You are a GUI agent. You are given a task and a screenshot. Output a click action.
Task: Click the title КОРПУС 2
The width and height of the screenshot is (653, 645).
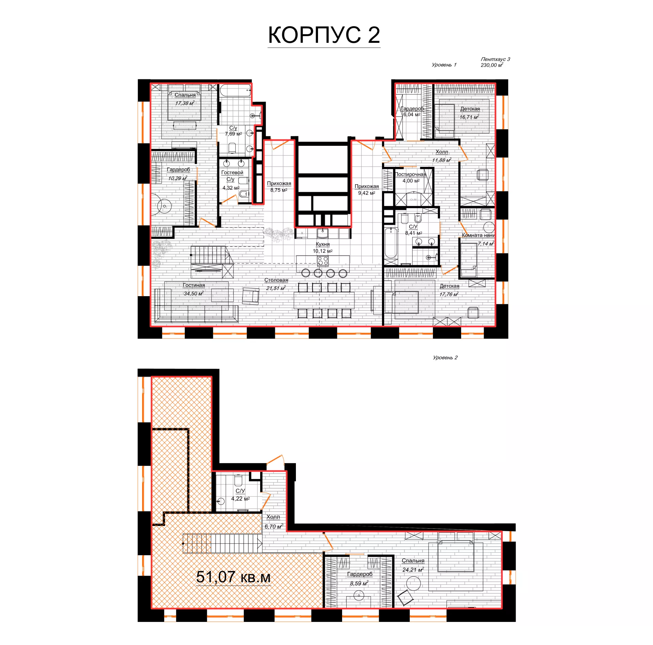pyautogui.click(x=324, y=35)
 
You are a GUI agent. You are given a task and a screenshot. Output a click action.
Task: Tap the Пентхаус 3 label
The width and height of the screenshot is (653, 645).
pyautogui.click(x=495, y=59)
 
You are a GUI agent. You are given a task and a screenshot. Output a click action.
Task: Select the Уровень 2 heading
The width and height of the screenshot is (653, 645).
pyautogui.click(x=445, y=357)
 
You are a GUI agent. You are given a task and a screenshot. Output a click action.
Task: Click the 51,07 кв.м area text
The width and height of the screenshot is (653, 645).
pyautogui.click(x=233, y=577)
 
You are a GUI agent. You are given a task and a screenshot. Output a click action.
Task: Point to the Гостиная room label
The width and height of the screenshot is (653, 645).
pyautogui.click(x=194, y=285)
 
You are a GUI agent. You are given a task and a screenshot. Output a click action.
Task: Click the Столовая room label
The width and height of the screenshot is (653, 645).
pyautogui.click(x=276, y=280)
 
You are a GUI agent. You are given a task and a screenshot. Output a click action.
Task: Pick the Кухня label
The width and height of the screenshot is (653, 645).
pyautogui.click(x=322, y=244)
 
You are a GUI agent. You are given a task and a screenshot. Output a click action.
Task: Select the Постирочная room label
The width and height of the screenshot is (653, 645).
pyautogui.click(x=410, y=174)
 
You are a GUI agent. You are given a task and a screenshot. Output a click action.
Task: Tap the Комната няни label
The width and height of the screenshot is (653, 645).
pyautogui.click(x=478, y=235)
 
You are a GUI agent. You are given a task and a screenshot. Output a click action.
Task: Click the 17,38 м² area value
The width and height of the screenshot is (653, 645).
pyautogui.click(x=185, y=103)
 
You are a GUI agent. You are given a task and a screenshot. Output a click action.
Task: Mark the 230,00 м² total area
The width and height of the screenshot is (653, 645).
pyautogui.click(x=492, y=65)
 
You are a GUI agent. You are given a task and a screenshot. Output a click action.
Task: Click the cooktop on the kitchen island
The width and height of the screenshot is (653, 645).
pyautogui.click(x=322, y=261)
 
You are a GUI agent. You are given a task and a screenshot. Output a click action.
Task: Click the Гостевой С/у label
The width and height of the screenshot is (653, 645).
pyautogui.click(x=232, y=176)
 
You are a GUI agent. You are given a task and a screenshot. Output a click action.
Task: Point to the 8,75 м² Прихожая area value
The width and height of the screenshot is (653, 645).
pyautogui.click(x=279, y=190)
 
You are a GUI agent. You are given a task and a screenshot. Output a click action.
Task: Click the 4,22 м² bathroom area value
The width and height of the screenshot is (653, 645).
pyautogui.click(x=240, y=499)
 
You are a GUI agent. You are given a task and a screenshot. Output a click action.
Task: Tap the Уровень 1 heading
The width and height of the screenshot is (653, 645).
pyautogui.click(x=444, y=65)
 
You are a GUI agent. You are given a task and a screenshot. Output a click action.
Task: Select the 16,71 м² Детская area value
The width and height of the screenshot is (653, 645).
pyautogui.click(x=469, y=117)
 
